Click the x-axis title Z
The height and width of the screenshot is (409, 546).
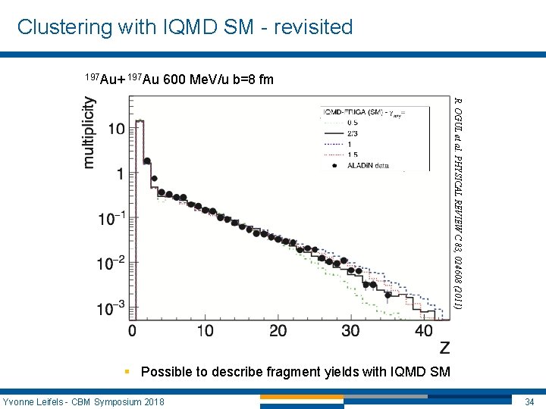coord(444,348)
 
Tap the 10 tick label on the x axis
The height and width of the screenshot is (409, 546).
coord(205,331)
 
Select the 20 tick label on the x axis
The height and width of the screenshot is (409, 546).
coord(278,331)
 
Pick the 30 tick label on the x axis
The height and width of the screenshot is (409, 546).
coord(350,331)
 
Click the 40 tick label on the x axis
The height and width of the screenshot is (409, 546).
coord(423,331)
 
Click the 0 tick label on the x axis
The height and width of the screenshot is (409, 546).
coord(133,331)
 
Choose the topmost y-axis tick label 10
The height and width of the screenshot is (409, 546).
coord(115,129)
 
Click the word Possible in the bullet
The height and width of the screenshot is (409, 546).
coord(166,372)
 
